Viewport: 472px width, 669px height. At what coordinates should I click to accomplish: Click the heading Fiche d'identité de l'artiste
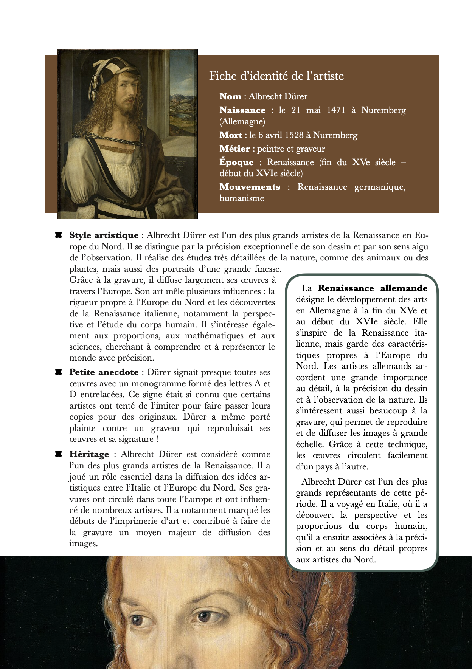pyautogui.click(x=276, y=76)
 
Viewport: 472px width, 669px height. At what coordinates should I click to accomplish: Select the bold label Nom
pyautogui.click(x=230, y=96)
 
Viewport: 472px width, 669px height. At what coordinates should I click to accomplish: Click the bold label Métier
pyautogui.click(x=234, y=149)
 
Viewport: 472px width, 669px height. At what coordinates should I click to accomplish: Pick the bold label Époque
pyautogui.click(x=236, y=162)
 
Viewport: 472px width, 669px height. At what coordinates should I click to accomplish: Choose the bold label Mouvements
pyautogui.click(x=250, y=187)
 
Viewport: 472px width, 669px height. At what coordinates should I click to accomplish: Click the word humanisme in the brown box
pyautogui.click(x=242, y=198)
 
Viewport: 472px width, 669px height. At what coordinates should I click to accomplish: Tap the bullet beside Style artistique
pyautogui.click(x=59, y=235)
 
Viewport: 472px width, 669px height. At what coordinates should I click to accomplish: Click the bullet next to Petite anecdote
pyautogui.click(x=59, y=372)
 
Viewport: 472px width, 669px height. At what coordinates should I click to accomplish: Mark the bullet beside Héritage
pyautogui.click(x=59, y=454)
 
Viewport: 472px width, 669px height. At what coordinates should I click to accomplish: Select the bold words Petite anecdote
pyautogui.click(x=104, y=372)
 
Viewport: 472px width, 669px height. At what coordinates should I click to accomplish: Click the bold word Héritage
pyautogui.click(x=89, y=454)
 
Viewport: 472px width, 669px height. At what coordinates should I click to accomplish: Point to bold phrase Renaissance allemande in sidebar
pyautogui.click(x=372, y=288)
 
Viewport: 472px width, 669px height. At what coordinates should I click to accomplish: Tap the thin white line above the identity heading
pyautogui.click(x=307, y=63)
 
